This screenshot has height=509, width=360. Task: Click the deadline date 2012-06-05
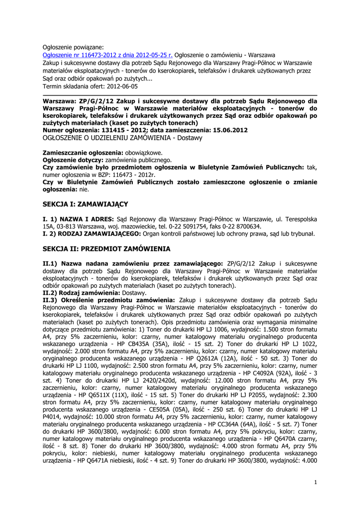tap(122, 86)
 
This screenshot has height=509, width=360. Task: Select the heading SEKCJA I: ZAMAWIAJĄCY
tap(86, 204)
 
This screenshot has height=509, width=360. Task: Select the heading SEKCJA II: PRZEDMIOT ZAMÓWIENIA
tap(106, 248)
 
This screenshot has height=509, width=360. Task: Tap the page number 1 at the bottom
tap(316, 482)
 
